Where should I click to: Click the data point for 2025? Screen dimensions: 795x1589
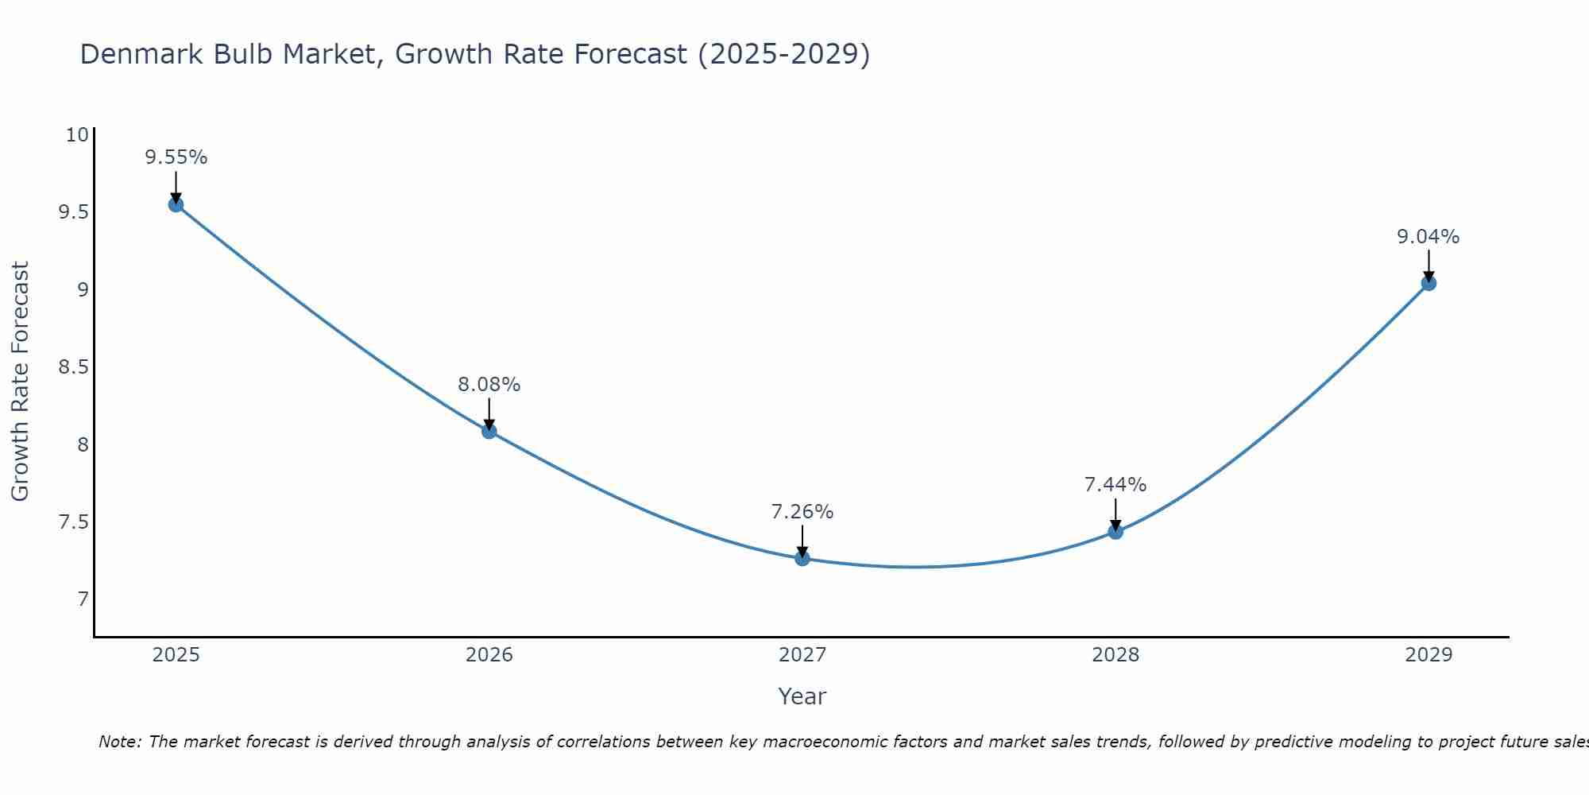(x=176, y=204)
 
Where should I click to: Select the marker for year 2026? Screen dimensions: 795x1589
(x=489, y=431)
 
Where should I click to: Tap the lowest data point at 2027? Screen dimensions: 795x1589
(x=802, y=558)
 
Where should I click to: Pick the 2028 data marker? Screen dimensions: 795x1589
(x=1115, y=531)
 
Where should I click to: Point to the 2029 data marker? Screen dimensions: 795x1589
(x=1429, y=283)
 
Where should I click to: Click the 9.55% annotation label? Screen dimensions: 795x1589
(x=176, y=157)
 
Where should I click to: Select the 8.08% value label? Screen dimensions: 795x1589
(x=489, y=385)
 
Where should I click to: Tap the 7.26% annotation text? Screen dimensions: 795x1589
(x=802, y=512)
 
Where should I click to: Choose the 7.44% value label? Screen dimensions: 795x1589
(x=1115, y=485)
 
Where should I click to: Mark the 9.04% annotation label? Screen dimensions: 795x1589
(x=1429, y=237)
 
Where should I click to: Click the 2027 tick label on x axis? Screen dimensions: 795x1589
(x=802, y=655)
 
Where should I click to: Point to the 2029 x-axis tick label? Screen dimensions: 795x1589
(x=1429, y=655)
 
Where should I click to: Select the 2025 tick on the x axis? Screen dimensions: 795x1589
(x=176, y=655)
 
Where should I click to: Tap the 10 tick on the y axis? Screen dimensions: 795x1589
(x=77, y=135)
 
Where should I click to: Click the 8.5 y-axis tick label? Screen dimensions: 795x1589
(x=73, y=367)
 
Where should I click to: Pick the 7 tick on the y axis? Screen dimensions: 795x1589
(x=83, y=599)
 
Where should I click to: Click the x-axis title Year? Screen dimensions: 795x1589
(x=802, y=696)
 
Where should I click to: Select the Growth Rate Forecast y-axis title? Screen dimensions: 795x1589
(x=21, y=382)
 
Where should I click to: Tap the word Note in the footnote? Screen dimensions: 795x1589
(x=119, y=742)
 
